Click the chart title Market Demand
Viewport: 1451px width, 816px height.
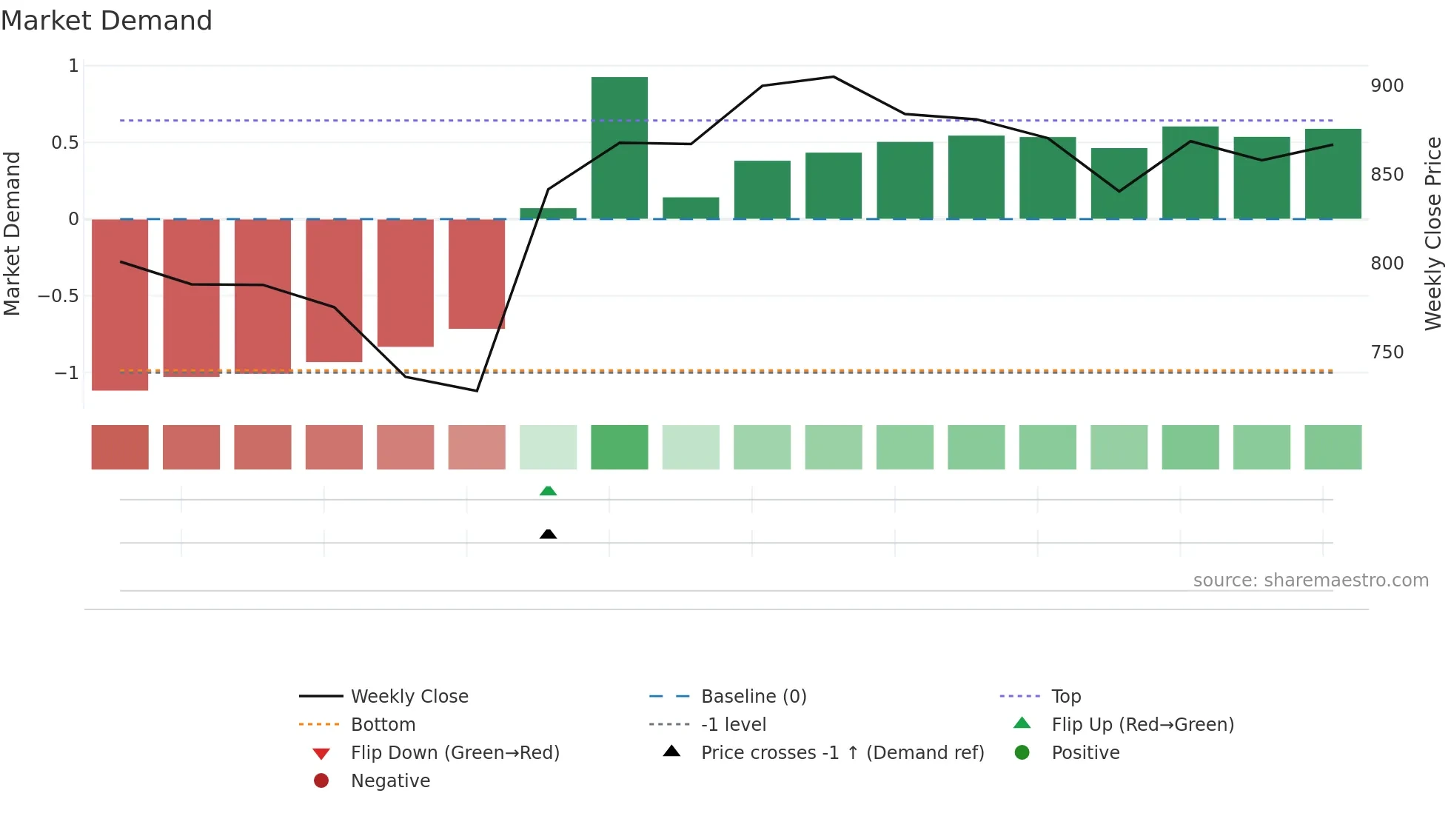[x=107, y=21]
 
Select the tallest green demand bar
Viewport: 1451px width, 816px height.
[x=620, y=148]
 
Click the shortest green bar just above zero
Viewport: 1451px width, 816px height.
[x=548, y=213]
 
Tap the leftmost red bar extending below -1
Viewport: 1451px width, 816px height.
[x=120, y=304]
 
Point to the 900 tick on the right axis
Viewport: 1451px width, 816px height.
[x=1387, y=86]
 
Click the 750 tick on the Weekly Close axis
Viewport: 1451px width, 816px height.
[x=1387, y=352]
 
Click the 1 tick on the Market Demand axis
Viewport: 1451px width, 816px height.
[x=73, y=66]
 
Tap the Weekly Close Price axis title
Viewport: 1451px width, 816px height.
[x=1433, y=233]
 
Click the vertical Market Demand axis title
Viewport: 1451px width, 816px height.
[x=12, y=233]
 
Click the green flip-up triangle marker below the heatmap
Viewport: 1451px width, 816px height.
[x=548, y=491]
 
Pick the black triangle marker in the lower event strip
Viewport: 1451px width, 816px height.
[x=548, y=534]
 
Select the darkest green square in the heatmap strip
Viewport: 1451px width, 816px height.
[x=620, y=447]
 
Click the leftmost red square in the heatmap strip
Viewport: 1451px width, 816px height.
[x=120, y=447]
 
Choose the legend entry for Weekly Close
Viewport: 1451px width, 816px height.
[x=409, y=696]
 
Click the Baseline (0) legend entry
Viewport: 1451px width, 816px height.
[x=753, y=696]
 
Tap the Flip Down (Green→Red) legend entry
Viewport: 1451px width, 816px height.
[x=455, y=752]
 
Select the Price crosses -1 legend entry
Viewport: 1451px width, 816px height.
[x=842, y=752]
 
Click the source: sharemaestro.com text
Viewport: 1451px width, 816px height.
[x=1310, y=581]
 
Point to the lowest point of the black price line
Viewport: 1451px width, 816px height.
[x=477, y=391]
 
